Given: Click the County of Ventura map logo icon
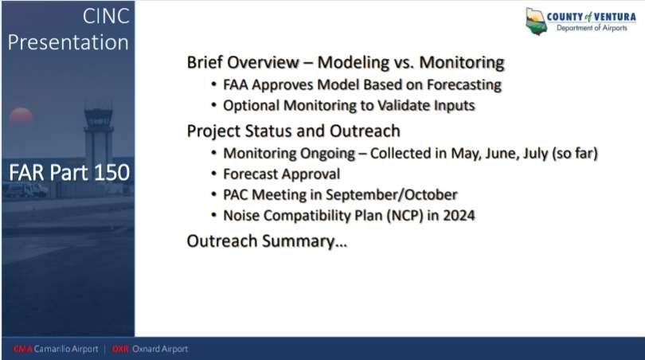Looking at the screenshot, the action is (x=536, y=21).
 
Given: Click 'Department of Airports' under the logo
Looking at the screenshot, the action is (x=592, y=28).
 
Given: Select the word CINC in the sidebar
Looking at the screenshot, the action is (x=106, y=17).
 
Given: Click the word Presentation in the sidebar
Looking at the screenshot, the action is (x=68, y=43).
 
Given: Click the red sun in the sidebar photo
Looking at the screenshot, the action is (x=21, y=115).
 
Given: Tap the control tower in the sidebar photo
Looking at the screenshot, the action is (x=98, y=134).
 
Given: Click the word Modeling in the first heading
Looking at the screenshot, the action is (x=354, y=63).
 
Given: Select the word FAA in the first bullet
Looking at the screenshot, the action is (x=235, y=84).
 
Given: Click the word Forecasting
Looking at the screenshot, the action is (x=464, y=84).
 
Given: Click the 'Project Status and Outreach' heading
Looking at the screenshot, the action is (x=293, y=131).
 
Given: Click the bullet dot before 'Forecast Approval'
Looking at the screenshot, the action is (x=213, y=173).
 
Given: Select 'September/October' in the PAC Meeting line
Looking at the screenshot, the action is (x=391, y=194).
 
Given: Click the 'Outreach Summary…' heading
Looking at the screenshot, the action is (x=267, y=241).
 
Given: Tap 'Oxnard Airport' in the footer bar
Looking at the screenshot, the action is (x=160, y=349).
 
